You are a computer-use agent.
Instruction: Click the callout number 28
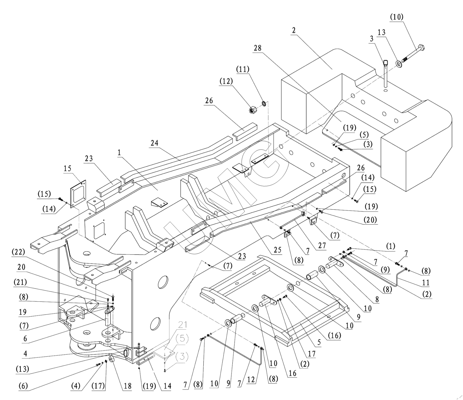[257, 48]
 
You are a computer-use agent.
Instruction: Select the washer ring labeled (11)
[264, 104]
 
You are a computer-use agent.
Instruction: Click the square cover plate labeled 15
[78, 194]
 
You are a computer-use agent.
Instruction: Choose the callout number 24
[154, 143]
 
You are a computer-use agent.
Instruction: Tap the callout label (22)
[18, 252]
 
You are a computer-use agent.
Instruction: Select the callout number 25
[278, 250]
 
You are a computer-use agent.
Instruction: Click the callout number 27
[322, 245]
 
